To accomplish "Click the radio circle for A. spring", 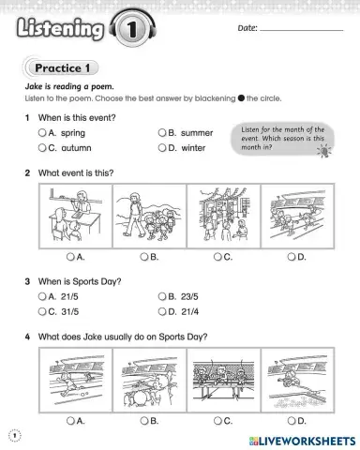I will pyautogui.click(x=42, y=134).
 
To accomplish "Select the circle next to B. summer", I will pyautogui.click(x=162, y=134).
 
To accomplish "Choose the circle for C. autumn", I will pyautogui.click(x=42, y=148).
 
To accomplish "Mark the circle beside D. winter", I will pyautogui.click(x=162, y=148).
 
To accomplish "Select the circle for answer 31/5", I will pyautogui.click(x=42, y=311).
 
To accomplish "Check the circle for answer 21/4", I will pyautogui.click(x=162, y=311).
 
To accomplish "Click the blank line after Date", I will pyautogui.click(x=300, y=30).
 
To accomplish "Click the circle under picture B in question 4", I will pyautogui.click(x=143, y=421).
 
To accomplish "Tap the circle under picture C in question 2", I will pyautogui.click(x=217, y=256).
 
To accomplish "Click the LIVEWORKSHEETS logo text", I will pyautogui.click(x=305, y=439).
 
